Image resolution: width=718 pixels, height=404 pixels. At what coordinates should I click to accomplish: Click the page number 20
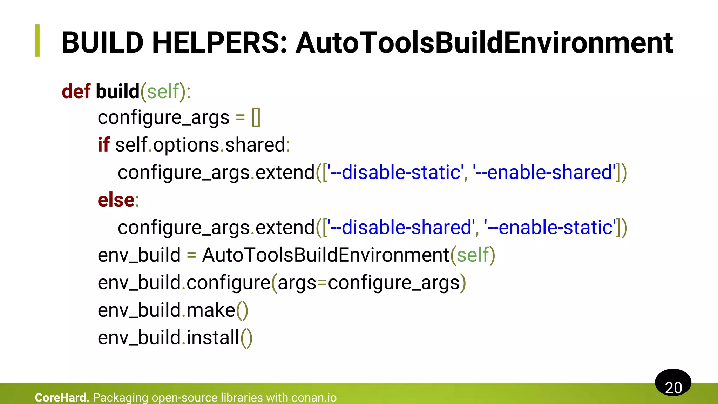point(673,388)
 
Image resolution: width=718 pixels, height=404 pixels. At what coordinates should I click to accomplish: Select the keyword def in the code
point(76,92)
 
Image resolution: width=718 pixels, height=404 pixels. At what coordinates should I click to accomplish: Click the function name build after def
point(117,92)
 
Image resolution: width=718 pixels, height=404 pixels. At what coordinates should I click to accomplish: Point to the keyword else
point(116,200)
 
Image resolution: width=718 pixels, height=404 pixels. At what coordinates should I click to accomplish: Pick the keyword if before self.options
point(103,145)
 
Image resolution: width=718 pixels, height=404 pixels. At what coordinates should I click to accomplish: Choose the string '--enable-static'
point(550,228)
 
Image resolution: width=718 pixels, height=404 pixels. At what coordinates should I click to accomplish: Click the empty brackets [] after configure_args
point(256,117)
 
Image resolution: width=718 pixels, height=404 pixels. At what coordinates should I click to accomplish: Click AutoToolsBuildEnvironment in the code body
point(326,255)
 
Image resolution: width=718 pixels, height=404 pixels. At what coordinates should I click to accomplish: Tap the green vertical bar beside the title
point(38,41)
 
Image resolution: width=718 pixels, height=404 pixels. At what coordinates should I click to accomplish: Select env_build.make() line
point(173,310)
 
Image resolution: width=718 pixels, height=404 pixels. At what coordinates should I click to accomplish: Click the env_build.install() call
point(175,338)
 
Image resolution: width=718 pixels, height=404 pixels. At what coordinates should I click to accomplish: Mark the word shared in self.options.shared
point(255,145)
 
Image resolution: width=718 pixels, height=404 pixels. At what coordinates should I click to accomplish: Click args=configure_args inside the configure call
point(368,283)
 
